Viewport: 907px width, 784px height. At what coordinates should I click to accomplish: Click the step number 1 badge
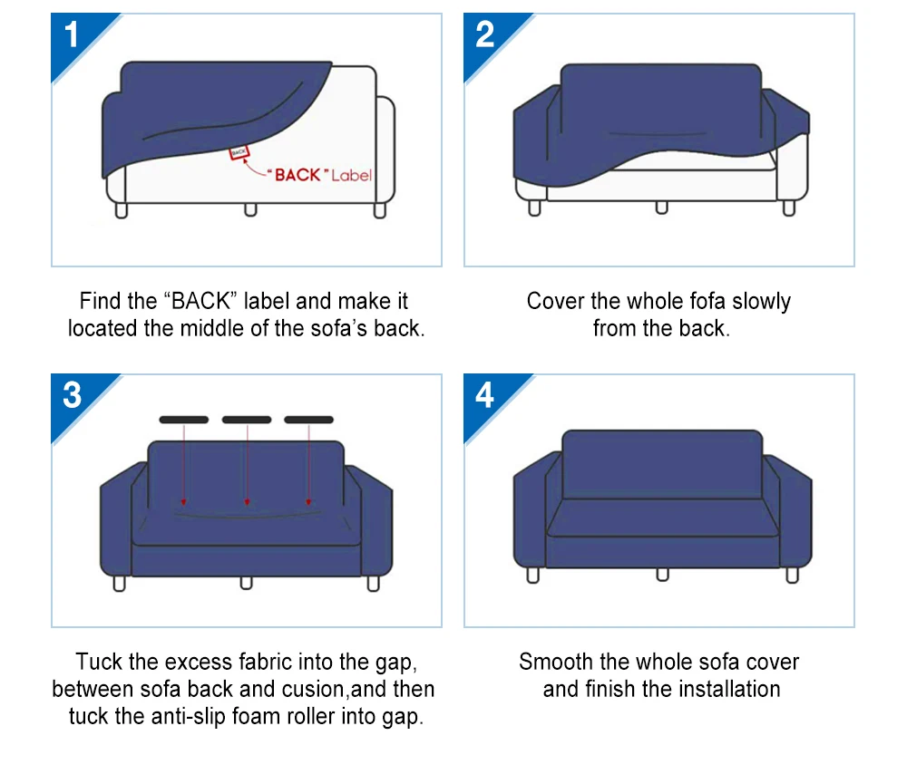(73, 35)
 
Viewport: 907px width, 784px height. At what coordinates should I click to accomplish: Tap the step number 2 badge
(485, 35)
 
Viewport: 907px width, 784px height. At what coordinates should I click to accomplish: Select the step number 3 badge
(73, 396)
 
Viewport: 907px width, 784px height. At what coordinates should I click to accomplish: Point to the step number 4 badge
(485, 396)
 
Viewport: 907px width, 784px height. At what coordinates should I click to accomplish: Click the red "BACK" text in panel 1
(298, 175)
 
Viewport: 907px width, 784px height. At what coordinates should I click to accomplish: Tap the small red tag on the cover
(239, 154)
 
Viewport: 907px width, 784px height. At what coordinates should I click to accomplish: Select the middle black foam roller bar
(247, 420)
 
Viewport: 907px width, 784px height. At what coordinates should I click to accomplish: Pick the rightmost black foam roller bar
(309, 420)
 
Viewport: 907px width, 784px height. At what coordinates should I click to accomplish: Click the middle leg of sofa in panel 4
(662, 574)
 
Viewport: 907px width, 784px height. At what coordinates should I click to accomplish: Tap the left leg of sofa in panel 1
(122, 210)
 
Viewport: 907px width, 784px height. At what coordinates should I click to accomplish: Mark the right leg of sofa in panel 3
(373, 583)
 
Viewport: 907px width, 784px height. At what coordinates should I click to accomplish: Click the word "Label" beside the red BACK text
(351, 175)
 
